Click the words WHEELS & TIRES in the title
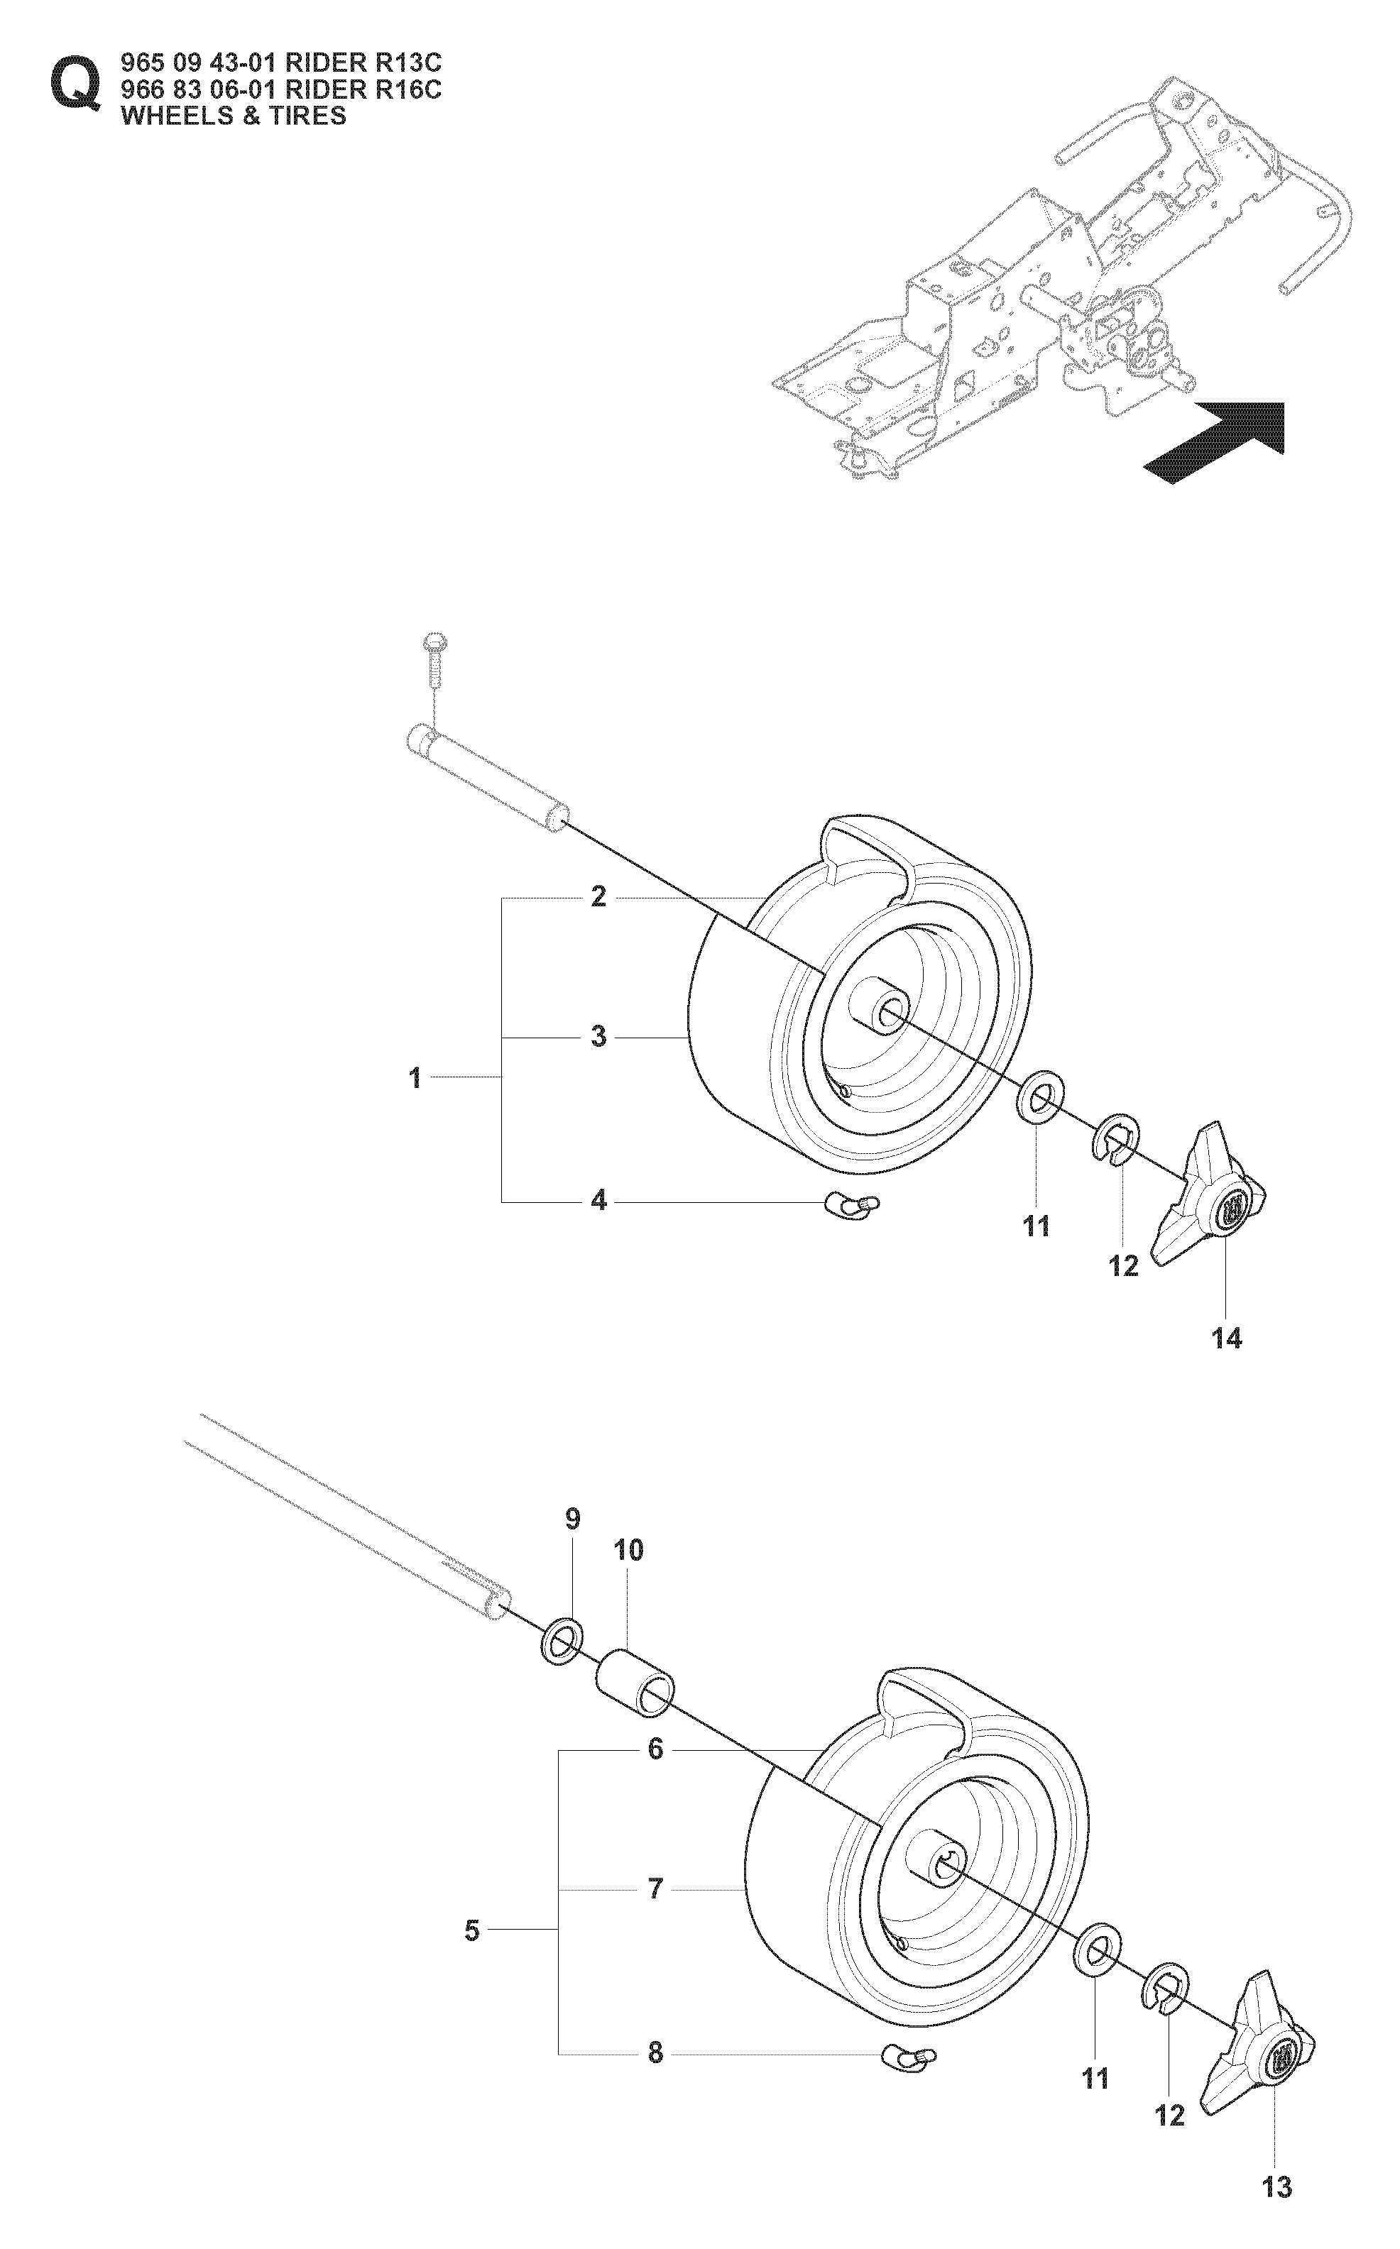click(x=234, y=116)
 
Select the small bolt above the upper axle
click(x=433, y=659)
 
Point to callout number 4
click(x=599, y=1202)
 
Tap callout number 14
click(x=1227, y=1338)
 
